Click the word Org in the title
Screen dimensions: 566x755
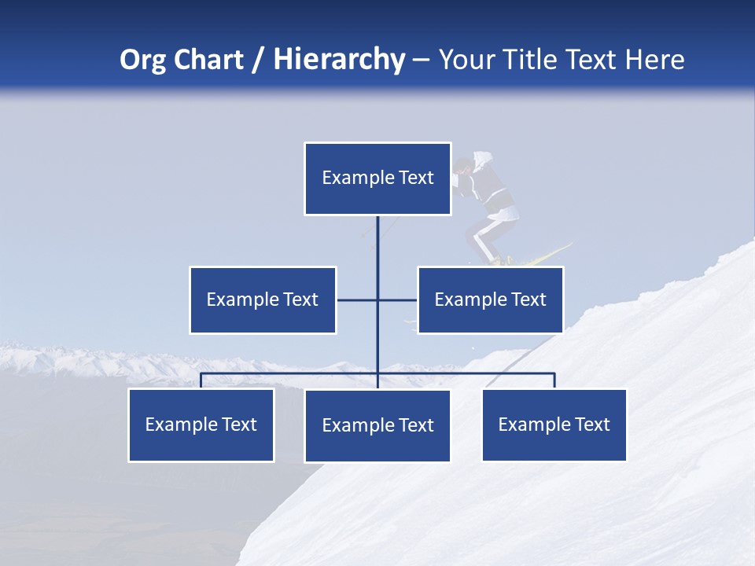click(x=142, y=60)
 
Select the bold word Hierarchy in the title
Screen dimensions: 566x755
click(x=339, y=60)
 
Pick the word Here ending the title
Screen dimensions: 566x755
click(x=655, y=60)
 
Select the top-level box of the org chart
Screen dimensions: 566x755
click(x=377, y=178)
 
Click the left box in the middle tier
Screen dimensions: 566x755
click(x=263, y=300)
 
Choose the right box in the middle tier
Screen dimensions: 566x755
click(x=490, y=300)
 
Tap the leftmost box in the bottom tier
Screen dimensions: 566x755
click(x=201, y=425)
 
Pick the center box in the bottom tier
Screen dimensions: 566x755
click(x=377, y=426)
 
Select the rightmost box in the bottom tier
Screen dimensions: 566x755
click(x=554, y=425)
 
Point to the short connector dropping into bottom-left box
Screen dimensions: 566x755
click(x=201, y=380)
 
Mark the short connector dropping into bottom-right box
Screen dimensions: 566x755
click(x=554, y=380)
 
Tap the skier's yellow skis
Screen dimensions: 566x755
click(x=543, y=255)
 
